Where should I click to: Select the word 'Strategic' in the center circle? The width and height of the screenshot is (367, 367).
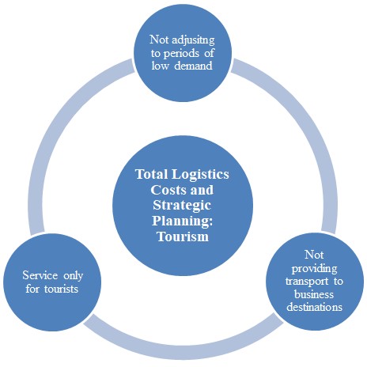tap(183, 205)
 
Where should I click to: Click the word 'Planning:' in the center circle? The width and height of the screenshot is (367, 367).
tap(183, 221)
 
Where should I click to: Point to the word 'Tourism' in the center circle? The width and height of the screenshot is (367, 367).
tap(183, 236)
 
